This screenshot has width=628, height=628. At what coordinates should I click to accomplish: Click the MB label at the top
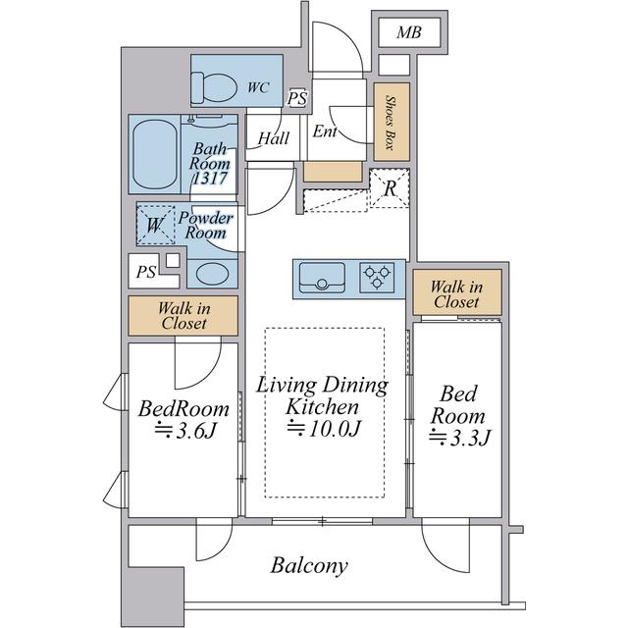point(409,32)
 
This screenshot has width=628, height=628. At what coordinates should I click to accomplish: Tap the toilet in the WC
point(213,87)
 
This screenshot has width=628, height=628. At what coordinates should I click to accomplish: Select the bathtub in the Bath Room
point(155,154)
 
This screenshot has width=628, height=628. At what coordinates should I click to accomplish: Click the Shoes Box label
point(390,122)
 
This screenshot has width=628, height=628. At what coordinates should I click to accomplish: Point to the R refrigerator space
point(390,188)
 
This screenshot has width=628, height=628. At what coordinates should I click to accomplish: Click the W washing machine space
point(155,225)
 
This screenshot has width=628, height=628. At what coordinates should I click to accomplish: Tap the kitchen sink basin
point(322,278)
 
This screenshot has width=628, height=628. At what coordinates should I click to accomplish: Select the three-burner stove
point(377,278)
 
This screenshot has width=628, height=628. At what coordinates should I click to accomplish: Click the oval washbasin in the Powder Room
point(213,274)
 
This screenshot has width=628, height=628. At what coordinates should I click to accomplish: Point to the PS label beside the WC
point(297,98)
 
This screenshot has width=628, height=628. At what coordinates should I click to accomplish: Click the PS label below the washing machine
point(146,272)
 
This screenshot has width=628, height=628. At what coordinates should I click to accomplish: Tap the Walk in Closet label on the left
point(183,316)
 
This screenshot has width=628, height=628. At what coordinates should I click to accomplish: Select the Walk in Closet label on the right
point(456,294)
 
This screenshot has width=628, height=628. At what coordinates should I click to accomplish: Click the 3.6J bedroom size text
point(185,431)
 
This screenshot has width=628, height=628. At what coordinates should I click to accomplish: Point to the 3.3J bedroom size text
point(459,438)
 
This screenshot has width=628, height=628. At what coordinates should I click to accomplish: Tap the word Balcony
point(309,566)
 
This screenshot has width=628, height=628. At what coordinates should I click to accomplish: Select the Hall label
point(274,138)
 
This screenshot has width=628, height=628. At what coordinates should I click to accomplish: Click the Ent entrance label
point(325,131)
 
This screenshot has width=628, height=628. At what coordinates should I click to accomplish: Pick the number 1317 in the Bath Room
point(211,178)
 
